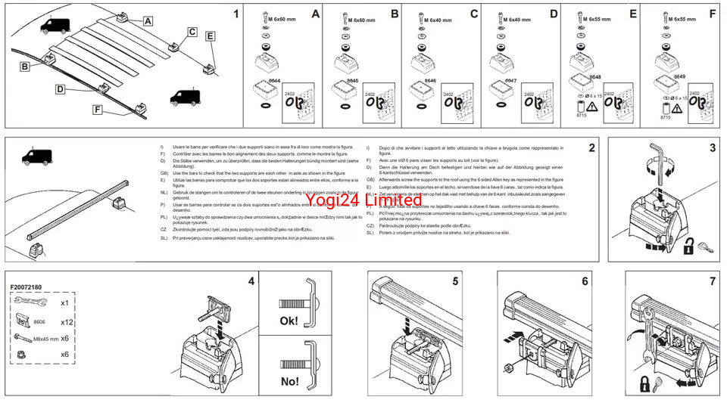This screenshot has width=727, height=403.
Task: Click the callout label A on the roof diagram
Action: coord(147,21)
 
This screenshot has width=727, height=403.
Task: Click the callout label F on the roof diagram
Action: coord(98,109)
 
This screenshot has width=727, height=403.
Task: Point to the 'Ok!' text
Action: coord(289,320)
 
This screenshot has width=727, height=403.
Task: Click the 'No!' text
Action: coord(289,381)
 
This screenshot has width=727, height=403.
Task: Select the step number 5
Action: coord(455,281)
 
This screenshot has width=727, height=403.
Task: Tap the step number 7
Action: coord(712,281)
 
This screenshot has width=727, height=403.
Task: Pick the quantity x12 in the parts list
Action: coord(67,321)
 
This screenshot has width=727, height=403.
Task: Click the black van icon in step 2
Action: coord(36,157)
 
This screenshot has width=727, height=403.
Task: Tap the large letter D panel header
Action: coord(553,14)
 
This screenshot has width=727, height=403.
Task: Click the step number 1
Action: coord(236,14)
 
